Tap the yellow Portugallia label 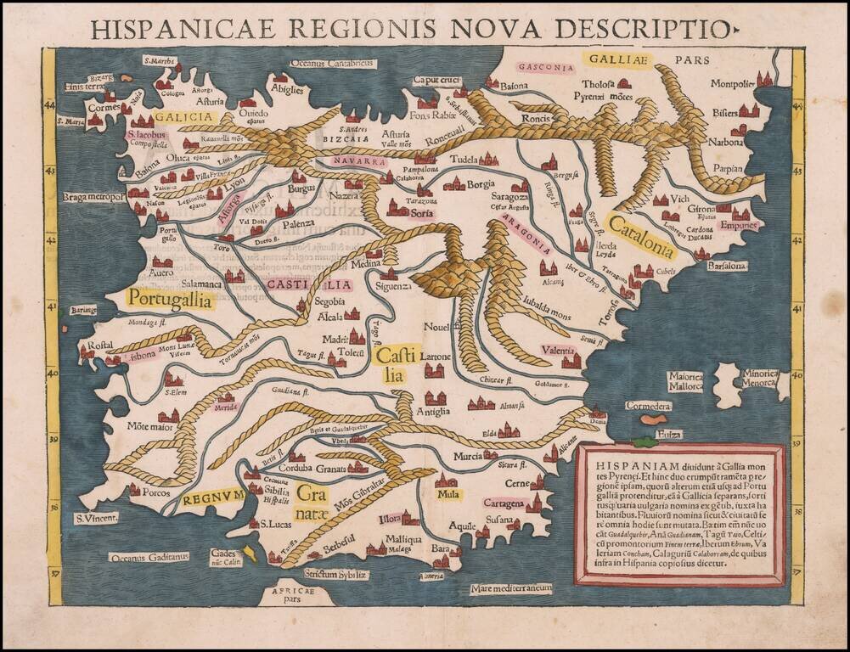coord(169,299)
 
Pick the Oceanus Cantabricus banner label coord(332,63)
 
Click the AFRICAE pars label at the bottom coord(286,595)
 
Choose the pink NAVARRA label coord(355,160)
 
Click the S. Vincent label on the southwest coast coord(94,518)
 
